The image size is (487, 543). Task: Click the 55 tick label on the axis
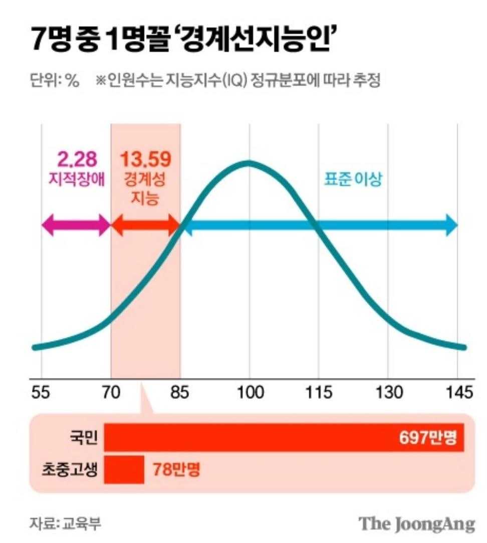click(x=41, y=393)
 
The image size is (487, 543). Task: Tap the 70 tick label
click(x=111, y=393)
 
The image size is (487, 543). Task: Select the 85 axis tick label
click(x=180, y=393)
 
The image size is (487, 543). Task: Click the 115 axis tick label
click(x=319, y=393)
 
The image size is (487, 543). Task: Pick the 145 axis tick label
click(x=459, y=393)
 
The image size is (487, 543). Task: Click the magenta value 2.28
click(x=77, y=159)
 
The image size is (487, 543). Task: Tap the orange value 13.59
click(x=146, y=159)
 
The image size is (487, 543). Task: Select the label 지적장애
click(x=77, y=179)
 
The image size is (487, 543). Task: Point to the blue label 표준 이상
click(x=353, y=179)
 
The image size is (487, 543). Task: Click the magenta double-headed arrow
click(x=76, y=225)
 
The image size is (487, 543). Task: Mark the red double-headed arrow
click(x=145, y=225)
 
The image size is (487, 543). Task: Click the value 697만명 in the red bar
click(x=428, y=437)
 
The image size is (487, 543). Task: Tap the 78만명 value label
click(x=176, y=470)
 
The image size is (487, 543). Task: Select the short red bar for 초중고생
click(x=124, y=470)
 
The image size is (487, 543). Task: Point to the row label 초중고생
click(x=70, y=470)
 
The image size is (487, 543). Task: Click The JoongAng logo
click(x=417, y=524)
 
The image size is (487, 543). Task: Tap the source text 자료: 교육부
click(x=66, y=523)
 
